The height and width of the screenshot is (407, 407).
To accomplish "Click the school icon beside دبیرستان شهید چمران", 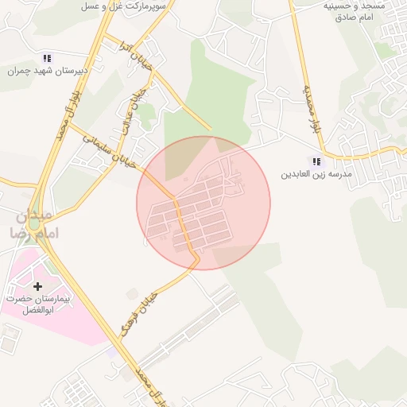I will [x=46, y=58].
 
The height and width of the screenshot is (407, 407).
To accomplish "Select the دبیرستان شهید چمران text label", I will [x=46, y=71].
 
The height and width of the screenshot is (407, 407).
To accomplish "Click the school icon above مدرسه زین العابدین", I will [x=317, y=161].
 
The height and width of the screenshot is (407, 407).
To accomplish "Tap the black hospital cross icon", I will [x=37, y=285].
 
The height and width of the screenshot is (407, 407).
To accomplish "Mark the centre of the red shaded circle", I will [x=203, y=203].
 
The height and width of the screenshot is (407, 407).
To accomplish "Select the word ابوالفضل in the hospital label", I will [x=38, y=310].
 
